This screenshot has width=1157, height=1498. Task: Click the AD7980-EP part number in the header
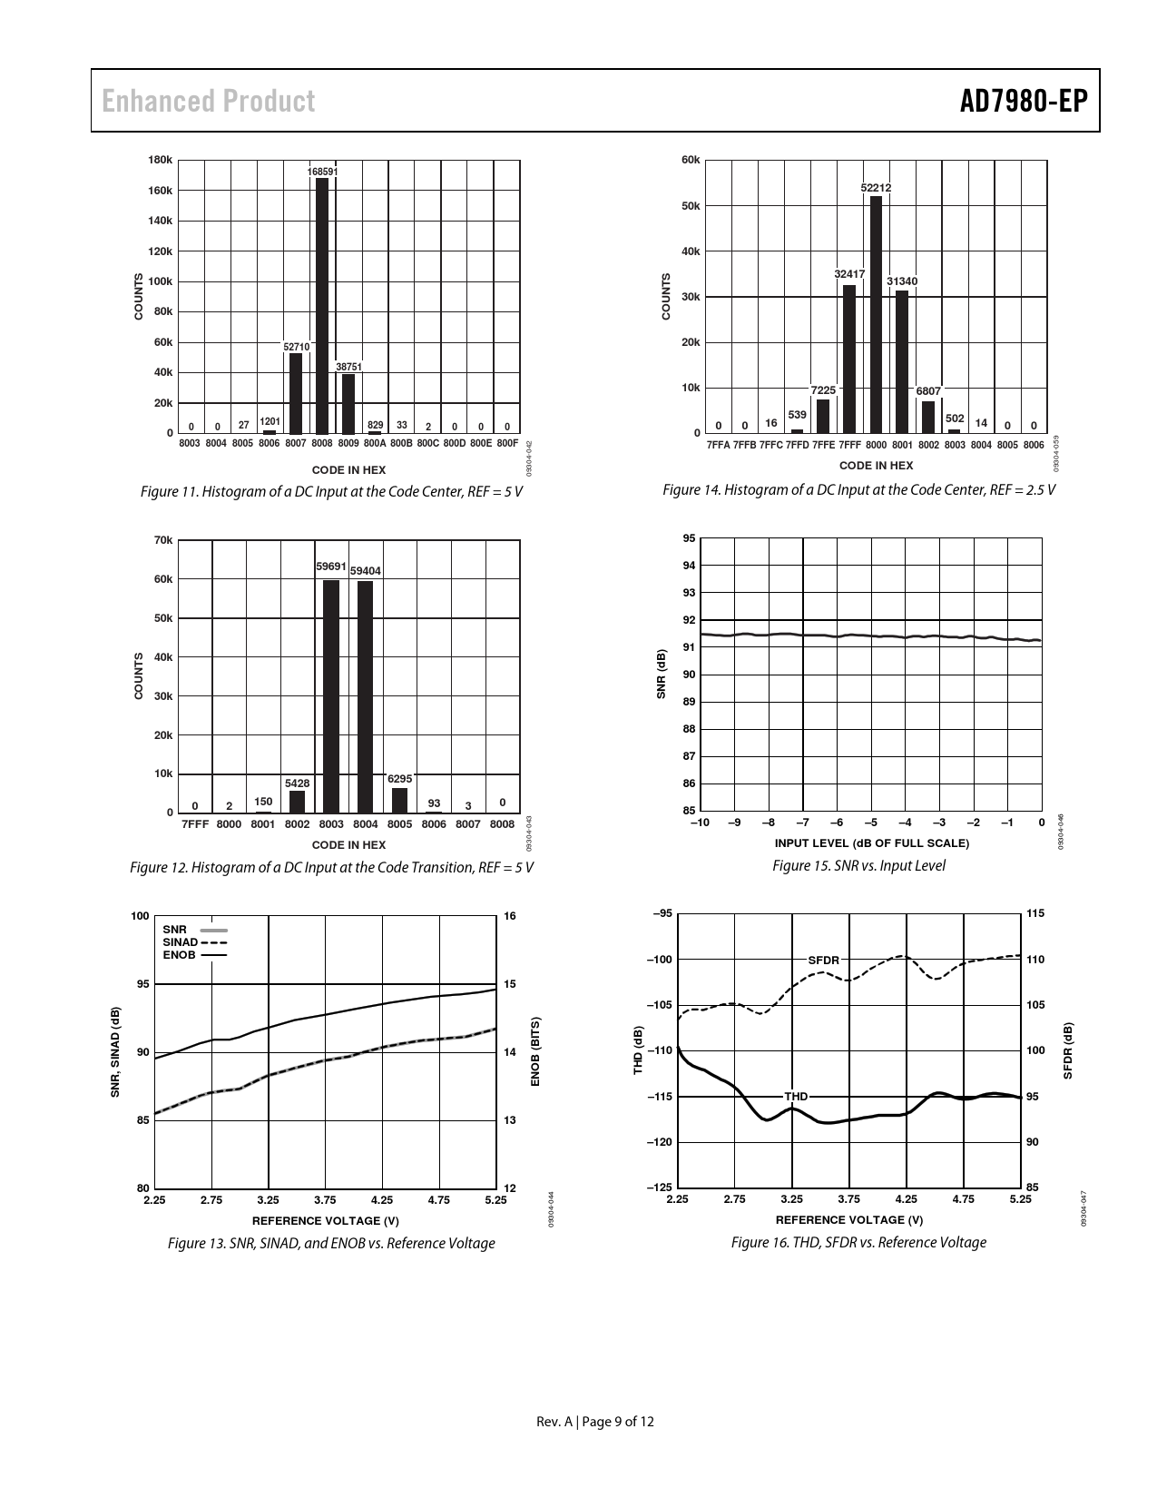(x=1024, y=101)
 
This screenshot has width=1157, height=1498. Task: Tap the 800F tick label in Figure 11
(x=507, y=443)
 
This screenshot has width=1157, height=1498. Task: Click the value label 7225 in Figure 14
(x=823, y=390)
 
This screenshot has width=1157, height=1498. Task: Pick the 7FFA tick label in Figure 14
(x=718, y=445)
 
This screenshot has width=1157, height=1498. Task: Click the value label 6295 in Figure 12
(x=400, y=779)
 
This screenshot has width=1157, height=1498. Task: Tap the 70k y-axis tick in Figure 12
(x=163, y=540)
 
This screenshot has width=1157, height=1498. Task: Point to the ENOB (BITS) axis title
(x=535, y=1052)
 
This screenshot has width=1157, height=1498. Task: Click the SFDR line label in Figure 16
(x=824, y=960)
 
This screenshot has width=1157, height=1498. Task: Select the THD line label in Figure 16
(x=796, y=1097)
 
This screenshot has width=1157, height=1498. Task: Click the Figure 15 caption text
(x=858, y=866)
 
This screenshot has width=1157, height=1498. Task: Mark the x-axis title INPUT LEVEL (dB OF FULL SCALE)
(x=872, y=843)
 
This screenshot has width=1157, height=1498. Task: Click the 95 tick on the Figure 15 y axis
(x=690, y=538)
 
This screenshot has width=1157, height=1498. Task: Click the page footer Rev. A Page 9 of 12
(x=595, y=1421)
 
